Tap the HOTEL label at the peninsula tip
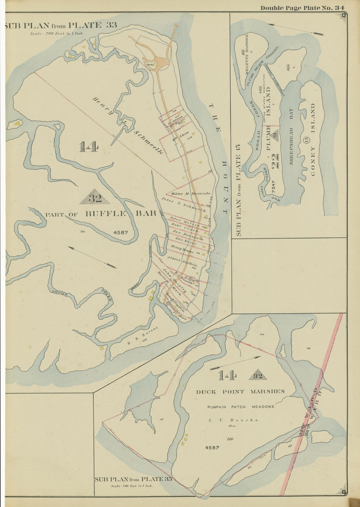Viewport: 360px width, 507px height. tap(151, 64)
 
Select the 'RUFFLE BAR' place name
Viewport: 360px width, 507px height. tap(120, 214)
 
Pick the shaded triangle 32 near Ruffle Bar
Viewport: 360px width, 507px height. tap(95, 197)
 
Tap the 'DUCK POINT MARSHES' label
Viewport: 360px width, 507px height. tap(240, 391)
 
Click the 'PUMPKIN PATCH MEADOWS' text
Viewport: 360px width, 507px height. tap(240, 407)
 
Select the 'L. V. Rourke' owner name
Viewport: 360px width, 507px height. tap(233, 420)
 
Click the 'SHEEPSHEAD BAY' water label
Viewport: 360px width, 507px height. tap(292, 136)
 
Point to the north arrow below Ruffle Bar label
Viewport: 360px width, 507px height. tap(93, 257)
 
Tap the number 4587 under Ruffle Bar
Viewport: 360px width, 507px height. tap(120, 233)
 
